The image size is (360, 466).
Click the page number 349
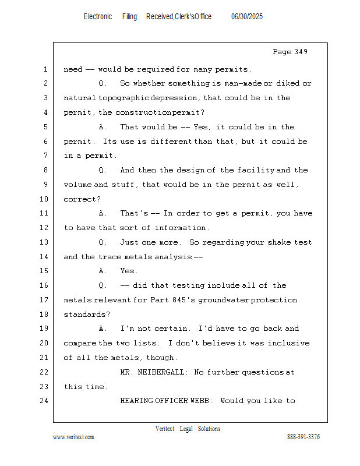[301, 52]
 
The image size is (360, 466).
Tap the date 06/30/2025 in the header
[247, 16]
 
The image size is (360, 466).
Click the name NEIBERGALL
[161, 372]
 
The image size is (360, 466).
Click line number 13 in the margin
[44, 242]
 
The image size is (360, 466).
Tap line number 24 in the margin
[44, 401]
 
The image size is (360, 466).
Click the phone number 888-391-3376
[303, 437]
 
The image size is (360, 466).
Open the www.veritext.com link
[73, 437]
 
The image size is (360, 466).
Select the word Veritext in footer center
[165, 429]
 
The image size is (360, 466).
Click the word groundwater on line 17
[224, 300]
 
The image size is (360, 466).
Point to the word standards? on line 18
[87, 315]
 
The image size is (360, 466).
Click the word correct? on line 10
[82, 199]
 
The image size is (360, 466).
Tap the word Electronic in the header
[98, 16]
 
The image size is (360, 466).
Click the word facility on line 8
[256, 170]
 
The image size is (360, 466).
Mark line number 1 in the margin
[45, 69]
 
